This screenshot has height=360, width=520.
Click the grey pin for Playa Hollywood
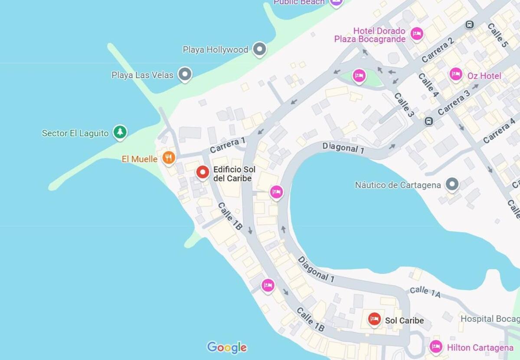(259, 49)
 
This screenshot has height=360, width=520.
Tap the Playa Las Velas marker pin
(185, 74)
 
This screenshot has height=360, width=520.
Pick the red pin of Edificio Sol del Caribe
(203, 172)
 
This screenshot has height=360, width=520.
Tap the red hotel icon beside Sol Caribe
(374, 320)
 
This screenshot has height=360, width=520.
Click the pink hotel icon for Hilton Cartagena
(436, 347)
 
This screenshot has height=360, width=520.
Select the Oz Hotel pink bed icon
(455, 75)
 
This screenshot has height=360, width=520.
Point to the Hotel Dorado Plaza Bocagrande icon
(417, 33)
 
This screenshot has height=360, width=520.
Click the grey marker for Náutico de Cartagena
(452, 184)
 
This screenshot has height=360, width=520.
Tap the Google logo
(227, 347)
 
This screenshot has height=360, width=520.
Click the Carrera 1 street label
(228, 145)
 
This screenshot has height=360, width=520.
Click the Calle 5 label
(497, 35)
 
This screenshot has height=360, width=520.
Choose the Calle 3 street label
(403, 105)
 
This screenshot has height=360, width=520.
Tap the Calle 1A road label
(425, 292)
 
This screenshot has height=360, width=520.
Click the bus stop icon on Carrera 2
(469, 25)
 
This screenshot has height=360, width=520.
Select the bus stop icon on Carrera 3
(429, 121)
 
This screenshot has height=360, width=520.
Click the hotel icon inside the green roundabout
(359, 75)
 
